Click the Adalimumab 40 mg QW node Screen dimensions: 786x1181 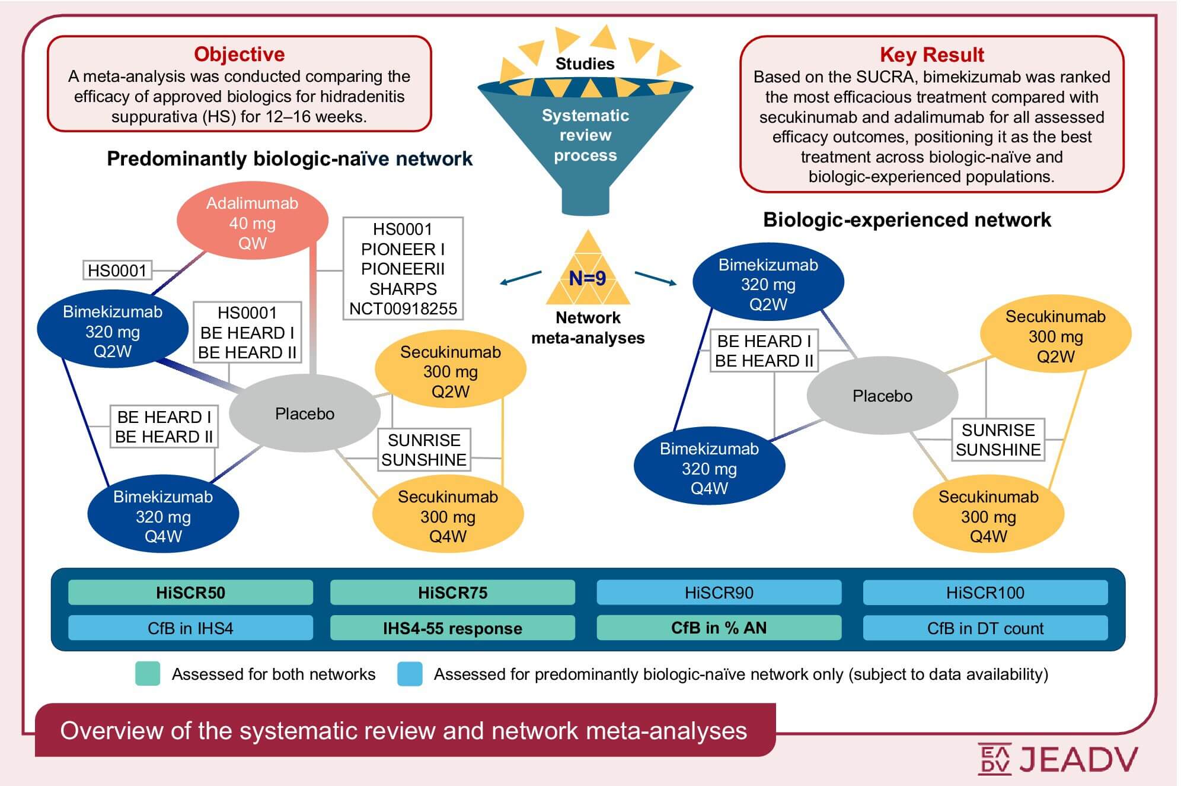253,223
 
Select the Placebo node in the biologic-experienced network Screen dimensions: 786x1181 882,396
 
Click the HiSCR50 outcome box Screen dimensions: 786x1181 190,593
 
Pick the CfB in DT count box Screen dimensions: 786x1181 985,628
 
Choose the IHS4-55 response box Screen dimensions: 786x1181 452,628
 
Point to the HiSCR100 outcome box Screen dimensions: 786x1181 985,593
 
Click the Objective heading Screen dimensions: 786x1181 239,54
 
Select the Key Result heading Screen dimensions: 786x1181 931,55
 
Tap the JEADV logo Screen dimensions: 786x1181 1058,759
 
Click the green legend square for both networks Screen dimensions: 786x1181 148,674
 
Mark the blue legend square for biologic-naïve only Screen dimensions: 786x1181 410,674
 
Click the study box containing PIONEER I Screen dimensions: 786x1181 403,269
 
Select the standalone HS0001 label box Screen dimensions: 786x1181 117,271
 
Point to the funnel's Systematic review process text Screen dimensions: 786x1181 585,135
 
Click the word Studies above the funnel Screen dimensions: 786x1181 585,64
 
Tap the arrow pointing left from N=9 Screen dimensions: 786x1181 520,278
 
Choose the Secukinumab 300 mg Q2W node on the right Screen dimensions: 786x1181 1055,336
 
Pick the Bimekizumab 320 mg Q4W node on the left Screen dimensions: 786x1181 163,516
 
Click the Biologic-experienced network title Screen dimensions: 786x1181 907,220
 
